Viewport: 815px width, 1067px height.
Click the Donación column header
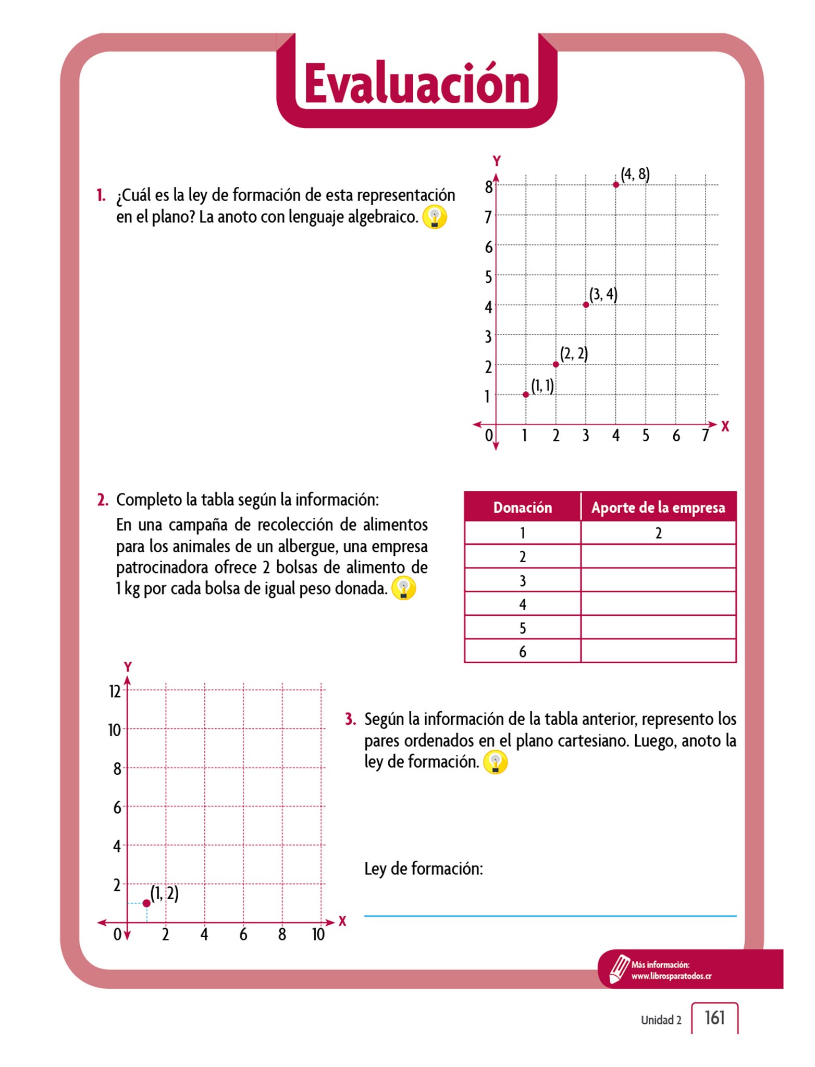[x=522, y=507]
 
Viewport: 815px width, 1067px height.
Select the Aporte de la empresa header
[x=658, y=507]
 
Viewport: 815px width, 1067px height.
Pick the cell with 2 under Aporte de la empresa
[x=658, y=533]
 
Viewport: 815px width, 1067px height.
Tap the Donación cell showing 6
[x=522, y=651]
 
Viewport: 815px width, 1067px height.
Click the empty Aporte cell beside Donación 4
[x=658, y=604]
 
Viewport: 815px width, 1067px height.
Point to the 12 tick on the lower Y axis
[x=115, y=691]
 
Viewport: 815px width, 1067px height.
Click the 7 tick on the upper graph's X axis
[x=705, y=436]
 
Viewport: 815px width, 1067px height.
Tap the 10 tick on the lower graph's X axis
[x=318, y=935]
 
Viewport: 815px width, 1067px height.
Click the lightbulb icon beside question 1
[x=434, y=217]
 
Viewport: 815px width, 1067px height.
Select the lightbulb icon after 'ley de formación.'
[x=495, y=763]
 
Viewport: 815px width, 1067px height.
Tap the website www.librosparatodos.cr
[x=671, y=976]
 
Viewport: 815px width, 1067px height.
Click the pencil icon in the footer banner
[x=619, y=969]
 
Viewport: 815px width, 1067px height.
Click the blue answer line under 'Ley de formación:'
[x=550, y=915]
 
